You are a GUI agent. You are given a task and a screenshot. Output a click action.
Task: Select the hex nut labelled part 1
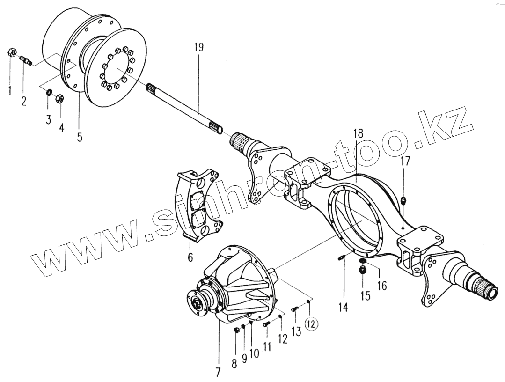(x=11, y=52)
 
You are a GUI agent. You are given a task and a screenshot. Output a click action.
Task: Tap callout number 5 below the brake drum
(x=79, y=137)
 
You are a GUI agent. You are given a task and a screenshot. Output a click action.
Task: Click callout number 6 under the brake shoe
(x=190, y=257)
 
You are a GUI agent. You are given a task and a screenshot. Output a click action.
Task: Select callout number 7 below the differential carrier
(x=218, y=372)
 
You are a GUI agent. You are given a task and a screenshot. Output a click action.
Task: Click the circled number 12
(x=312, y=323)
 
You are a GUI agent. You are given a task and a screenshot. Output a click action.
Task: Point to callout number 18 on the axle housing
(x=358, y=133)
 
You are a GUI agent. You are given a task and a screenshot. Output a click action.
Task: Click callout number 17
(x=405, y=162)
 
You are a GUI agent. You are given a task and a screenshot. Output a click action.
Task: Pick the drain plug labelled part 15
(x=363, y=270)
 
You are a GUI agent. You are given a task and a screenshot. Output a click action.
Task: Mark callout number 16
(x=382, y=285)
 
